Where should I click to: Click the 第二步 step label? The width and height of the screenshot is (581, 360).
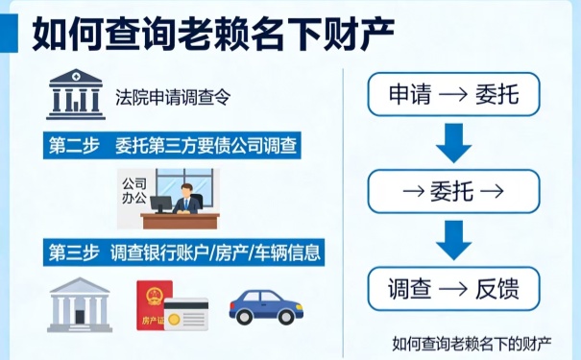pos(74,146)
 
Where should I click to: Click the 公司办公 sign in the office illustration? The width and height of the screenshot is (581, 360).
pos(134,187)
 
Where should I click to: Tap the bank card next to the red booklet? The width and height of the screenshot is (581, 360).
pos(186,314)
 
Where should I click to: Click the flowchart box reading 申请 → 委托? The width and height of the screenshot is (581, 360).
pos(453,95)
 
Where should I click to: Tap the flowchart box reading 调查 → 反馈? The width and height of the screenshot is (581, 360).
pos(453,287)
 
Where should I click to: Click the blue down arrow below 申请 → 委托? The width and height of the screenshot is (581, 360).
pos(453,143)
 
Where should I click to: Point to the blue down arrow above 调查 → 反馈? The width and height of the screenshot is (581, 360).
pos(453,239)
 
